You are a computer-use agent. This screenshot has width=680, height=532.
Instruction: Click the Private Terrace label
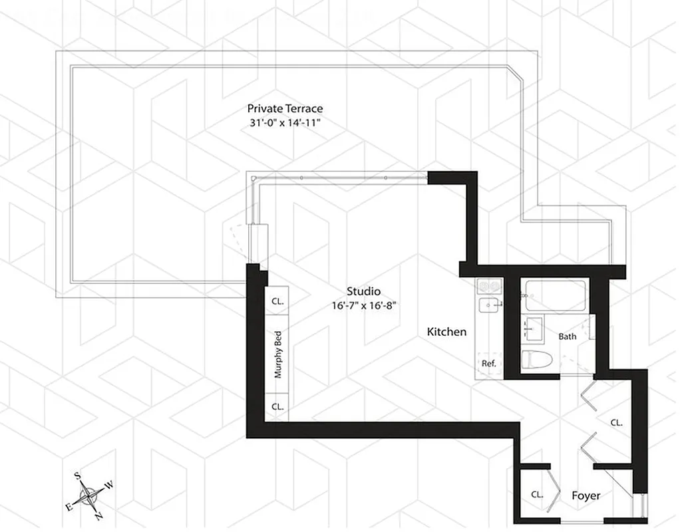[x=285, y=108]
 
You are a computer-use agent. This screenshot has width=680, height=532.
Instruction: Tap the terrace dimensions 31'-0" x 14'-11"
[x=285, y=123]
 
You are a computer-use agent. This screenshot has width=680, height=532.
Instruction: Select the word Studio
[x=363, y=291]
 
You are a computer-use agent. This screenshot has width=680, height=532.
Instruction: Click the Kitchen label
[x=446, y=332]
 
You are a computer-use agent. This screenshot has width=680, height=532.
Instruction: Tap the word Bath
[x=568, y=336]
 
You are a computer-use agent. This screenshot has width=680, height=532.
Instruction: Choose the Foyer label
[x=586, y=496]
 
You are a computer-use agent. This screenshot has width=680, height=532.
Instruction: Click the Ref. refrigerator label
[x=489, y=364]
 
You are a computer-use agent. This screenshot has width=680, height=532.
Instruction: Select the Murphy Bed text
[x=278, y=354]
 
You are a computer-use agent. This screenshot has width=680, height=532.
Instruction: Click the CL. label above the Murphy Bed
[x=277, y=301]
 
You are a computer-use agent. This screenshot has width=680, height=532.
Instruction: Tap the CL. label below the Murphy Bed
[x=277, y=406]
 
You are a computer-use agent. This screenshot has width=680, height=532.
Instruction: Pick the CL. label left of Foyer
[x=537, y=495]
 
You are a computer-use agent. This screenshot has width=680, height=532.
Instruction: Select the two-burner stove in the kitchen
[x=489, y=286]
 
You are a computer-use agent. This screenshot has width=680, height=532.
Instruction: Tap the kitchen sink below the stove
[x=490, y=307]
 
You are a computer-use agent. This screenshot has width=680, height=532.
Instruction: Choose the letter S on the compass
[x=77, y=475]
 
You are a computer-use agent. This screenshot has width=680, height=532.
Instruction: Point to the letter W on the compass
[x=109, y=485]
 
